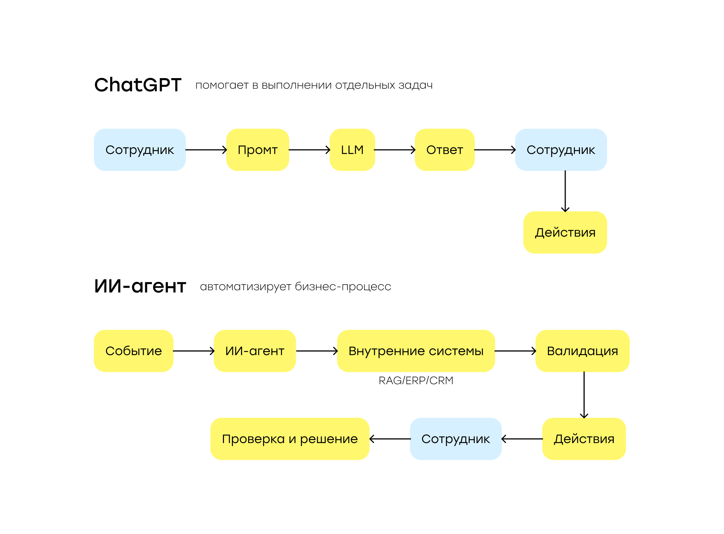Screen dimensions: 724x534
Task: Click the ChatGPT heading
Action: click(138, 85)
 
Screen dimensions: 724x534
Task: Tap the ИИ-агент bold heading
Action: click(140, 286)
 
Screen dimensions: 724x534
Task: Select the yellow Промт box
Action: click(258, 150)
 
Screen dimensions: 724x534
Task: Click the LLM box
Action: click(352, 150)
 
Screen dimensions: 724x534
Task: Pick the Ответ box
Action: click(445, 150)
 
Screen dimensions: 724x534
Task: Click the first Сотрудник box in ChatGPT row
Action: click(140, 150)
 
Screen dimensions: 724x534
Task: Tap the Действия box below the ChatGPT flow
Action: click(565, 232)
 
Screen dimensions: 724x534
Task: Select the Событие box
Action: click(133, 351)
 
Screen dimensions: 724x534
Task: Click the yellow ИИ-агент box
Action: click(255, 351)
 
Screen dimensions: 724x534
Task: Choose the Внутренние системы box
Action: click(416, 351)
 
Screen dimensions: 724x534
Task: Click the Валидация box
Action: click(583, 351)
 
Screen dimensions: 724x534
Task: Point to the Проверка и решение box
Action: click(290, 439)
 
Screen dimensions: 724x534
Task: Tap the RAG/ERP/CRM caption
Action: click(416, 380)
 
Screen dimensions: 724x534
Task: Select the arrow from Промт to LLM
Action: click(310, 150)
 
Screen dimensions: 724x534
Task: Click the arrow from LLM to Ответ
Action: click(395, 150)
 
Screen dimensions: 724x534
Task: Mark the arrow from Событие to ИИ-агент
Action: click(194, 351)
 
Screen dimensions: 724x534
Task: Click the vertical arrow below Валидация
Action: click(584, 395)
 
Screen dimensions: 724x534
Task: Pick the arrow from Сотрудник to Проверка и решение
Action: click(390, 439)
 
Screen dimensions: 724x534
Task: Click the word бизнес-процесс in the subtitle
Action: click(343, 287)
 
